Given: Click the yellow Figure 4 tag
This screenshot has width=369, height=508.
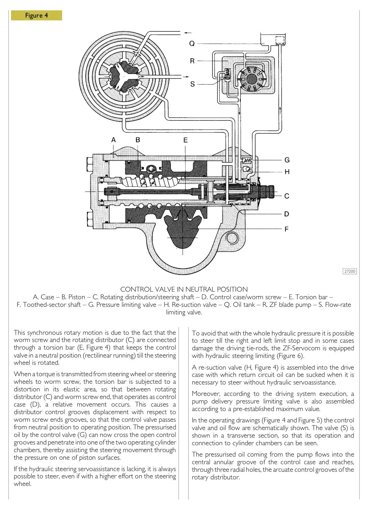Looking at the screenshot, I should [x=36, y=16].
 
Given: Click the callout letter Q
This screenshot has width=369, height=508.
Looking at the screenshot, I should [x=192, y=43].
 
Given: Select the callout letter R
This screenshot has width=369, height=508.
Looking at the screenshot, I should [x=192, y=61].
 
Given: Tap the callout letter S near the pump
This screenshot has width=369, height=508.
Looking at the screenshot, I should [x=192, y=84].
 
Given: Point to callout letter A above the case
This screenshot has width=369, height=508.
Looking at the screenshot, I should [x=113, y=140].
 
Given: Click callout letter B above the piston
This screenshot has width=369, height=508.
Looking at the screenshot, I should [x=138, y=140].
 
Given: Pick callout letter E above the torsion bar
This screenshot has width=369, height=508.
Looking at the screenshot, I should [x=186, y=140].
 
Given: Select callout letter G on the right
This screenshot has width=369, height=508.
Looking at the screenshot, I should [x=287, y=160].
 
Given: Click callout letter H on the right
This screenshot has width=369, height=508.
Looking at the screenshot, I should [x=287, y=172].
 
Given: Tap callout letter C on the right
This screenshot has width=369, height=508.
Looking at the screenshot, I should [x=287, y=196].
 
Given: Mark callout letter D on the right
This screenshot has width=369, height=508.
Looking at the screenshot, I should [x=287, y=214].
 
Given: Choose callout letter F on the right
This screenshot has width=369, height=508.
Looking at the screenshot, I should [x=287, y=229].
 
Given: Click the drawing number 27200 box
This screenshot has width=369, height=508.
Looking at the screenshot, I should [x=350, y=271].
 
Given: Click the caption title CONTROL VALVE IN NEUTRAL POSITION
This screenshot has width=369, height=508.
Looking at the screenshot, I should [x=184, y=289].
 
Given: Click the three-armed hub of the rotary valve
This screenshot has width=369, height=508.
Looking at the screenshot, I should [x=123, y=76].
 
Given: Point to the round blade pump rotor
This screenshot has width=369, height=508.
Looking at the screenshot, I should [x=252, y=79].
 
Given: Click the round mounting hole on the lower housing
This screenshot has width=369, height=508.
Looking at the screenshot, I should [x=232, y=238].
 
